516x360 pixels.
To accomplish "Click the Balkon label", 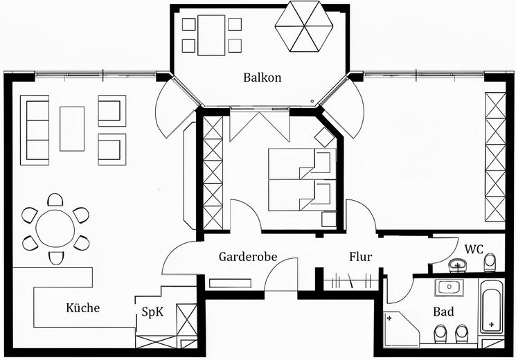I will pos(262,78).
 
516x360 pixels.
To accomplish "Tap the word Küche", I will pos(83,308).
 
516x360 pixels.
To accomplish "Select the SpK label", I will pos(152,312).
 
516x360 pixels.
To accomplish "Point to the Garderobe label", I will pos(248,257).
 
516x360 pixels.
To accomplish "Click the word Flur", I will pos(361,257).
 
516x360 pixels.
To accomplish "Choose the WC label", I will pos(474,249).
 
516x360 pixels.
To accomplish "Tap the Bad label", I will pos(443,312).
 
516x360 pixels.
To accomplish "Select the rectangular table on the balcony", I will pos(211,35).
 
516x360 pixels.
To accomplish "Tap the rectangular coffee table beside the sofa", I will pos(72,128).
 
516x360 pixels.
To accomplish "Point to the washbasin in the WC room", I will pos(458,264).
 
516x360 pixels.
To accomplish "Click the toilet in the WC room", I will pos(490,262).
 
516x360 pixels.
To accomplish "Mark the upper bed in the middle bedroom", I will pos(301,164).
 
